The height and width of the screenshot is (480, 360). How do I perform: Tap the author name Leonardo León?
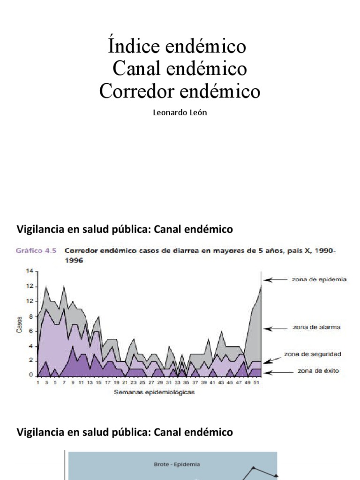pyautogui.click(x=180, y=113)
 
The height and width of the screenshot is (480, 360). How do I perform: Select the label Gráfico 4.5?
pyautogui.click(x=36, y=251)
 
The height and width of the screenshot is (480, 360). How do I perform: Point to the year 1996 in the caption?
pyautogui.click(x=74, y=261)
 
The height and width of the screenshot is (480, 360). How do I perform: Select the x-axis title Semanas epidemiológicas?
pyautogui.click(x=154, y=393)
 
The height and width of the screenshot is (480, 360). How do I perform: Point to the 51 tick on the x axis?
pyautogui.click(x=255, y=382)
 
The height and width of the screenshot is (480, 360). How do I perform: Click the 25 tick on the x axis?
pyautogui.click(x=142, y=382)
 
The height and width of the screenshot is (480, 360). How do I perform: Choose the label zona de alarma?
pyautogui.click(x=316, y=327)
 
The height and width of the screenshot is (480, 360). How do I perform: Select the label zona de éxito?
pyautogui.click(x=317, y=371)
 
